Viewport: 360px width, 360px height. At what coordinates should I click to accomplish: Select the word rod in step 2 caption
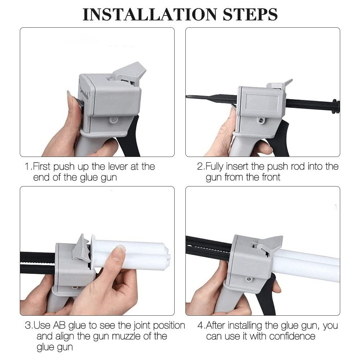(282, 167)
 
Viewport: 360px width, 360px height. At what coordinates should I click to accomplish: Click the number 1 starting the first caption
(27, 167)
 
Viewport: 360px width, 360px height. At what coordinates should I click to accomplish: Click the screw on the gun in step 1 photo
(114, 119)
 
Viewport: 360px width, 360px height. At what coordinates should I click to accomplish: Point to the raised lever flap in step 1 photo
(130, 72)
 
